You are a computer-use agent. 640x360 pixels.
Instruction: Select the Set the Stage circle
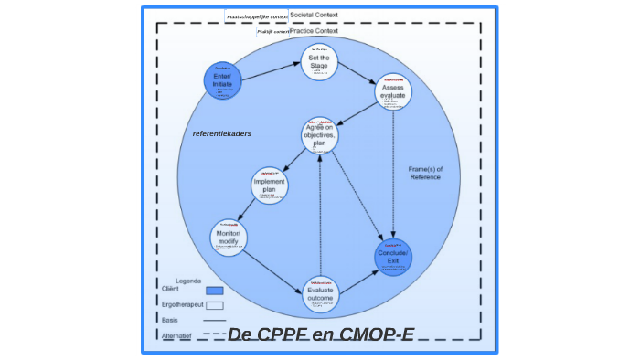[x=319, y=61]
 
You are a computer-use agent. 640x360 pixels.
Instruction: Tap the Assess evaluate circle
[x=393, y=92]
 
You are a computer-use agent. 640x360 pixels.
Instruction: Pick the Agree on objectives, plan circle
[x=320, y=135]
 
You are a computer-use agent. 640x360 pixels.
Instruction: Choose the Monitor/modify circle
[x=229, y=238]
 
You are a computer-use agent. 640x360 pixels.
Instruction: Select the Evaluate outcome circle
[x=320, y=292]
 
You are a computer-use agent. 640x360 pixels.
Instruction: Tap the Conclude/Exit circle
[x=393, y=257]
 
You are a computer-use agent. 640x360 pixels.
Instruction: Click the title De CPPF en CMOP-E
[x=320, y=334]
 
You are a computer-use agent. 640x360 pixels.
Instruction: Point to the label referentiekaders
[x=221, y=133]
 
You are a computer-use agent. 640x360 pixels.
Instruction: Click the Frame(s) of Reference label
[x=425, y=173]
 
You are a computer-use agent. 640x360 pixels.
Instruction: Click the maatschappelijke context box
[x=257, y=16]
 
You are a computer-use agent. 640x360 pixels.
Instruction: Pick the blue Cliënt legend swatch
[x=215, y=291]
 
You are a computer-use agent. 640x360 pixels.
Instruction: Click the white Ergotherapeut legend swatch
[x=215, y=305]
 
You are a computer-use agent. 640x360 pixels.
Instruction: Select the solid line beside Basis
[x=215, y=321]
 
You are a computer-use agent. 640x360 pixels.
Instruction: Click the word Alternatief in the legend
[x=177, y=335]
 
